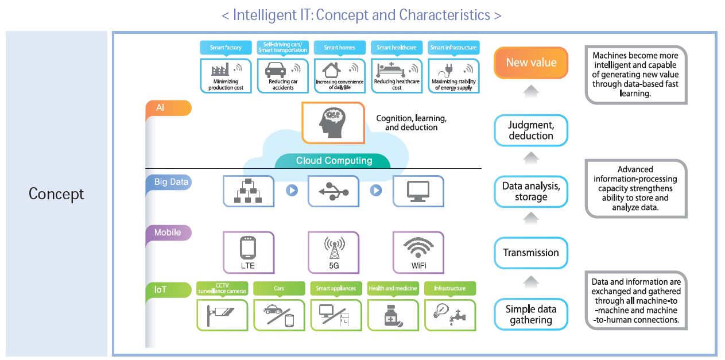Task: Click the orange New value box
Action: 531,63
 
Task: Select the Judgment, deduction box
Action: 531,130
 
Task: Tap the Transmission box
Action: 531,253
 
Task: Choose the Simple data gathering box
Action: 531,314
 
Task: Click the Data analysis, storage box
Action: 531,192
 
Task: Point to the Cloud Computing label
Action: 334,161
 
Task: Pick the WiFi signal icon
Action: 418,248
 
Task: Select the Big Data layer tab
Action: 171,182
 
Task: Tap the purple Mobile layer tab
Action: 168,233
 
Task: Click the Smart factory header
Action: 226,48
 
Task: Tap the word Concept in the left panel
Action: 56,194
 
